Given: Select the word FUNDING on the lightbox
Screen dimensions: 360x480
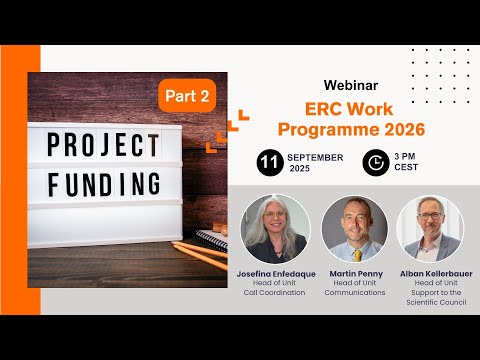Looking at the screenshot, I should click(105, 183).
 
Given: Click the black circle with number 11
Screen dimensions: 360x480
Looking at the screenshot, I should click(268, 162).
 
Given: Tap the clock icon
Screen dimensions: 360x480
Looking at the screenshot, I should click(375, 162).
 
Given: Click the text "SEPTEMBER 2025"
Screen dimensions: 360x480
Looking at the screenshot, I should click(315, 162).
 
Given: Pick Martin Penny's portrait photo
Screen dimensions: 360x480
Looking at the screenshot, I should click(355, 229).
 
